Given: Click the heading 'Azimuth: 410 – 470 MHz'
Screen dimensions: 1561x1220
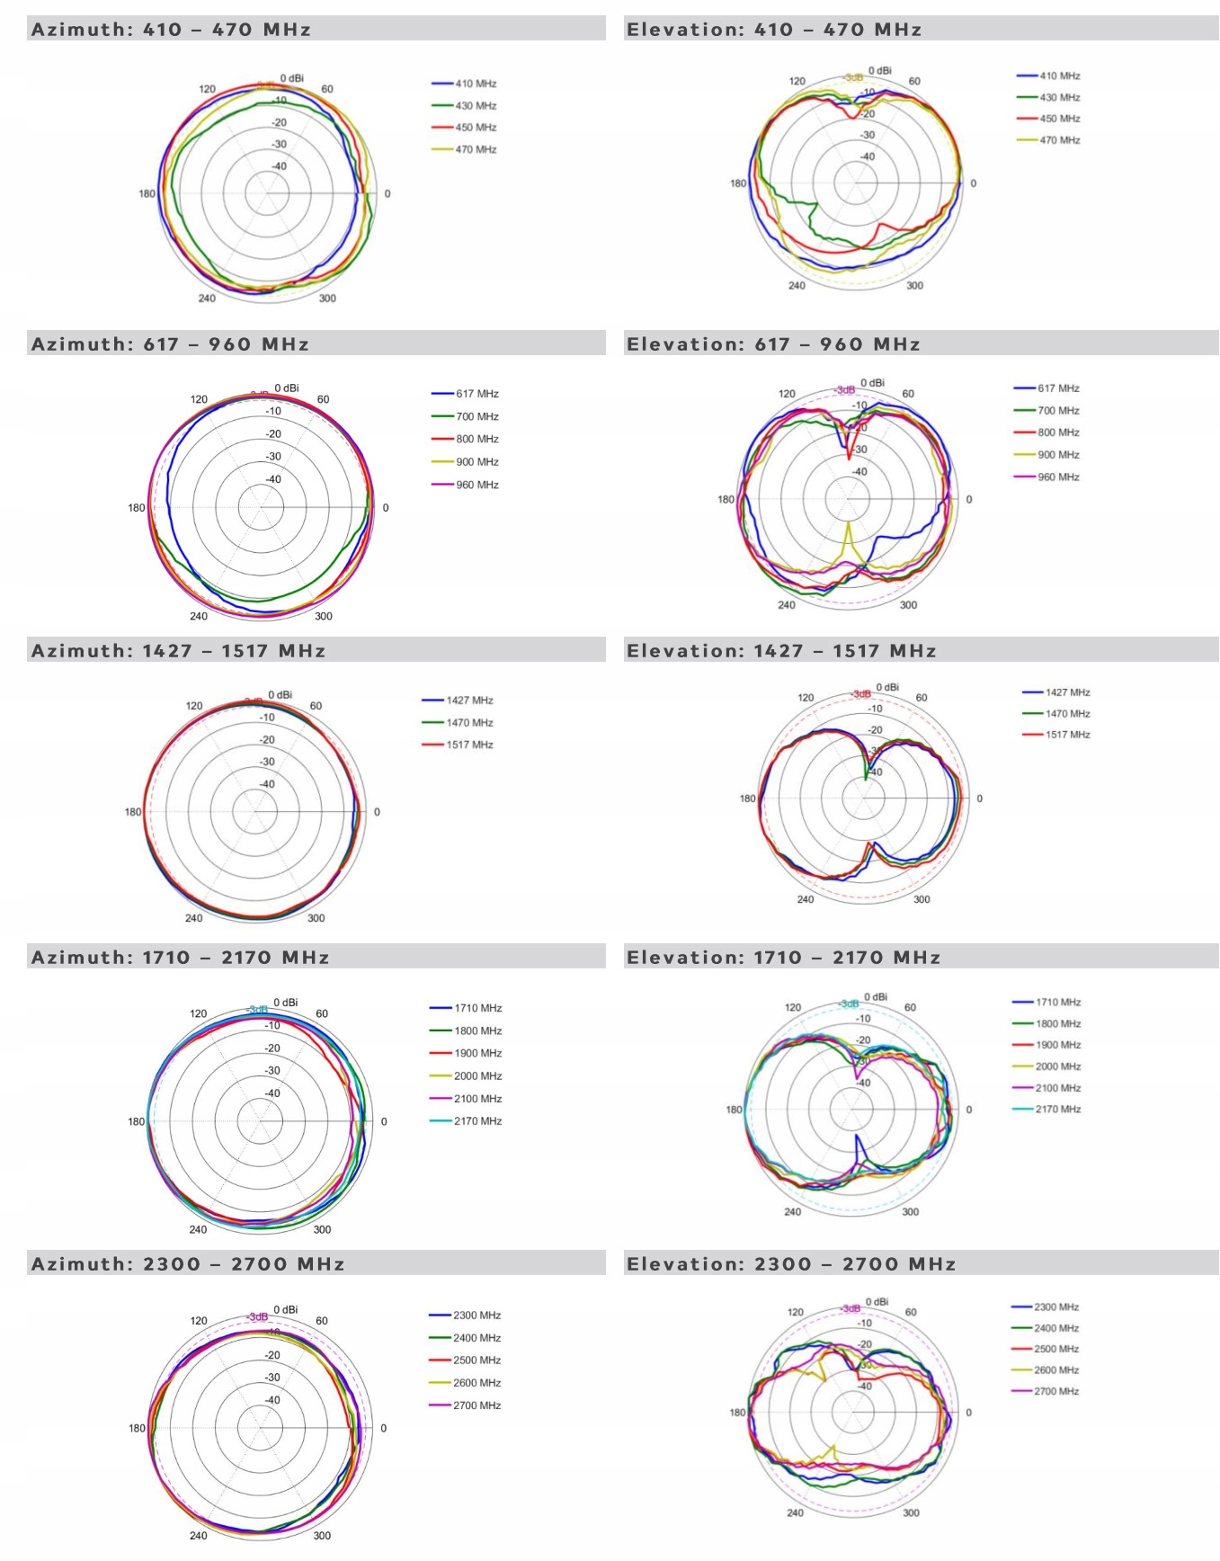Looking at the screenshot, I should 171,30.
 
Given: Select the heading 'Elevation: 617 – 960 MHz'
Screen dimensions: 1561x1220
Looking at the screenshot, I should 773,344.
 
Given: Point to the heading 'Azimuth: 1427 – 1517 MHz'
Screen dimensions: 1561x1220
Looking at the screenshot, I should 178,651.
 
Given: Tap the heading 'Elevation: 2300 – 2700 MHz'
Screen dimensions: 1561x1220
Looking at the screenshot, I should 791,1264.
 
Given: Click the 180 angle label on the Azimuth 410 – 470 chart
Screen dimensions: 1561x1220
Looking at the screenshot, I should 147,193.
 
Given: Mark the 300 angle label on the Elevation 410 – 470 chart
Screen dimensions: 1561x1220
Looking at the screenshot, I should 914,286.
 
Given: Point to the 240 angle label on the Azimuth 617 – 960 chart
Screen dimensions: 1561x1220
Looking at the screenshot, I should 199,616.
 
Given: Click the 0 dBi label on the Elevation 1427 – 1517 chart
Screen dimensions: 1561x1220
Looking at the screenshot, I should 887,688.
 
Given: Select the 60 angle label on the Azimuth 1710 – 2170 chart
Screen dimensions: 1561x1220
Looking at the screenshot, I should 322,1013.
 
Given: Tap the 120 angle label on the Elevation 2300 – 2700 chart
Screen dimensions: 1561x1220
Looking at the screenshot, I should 796,1312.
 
